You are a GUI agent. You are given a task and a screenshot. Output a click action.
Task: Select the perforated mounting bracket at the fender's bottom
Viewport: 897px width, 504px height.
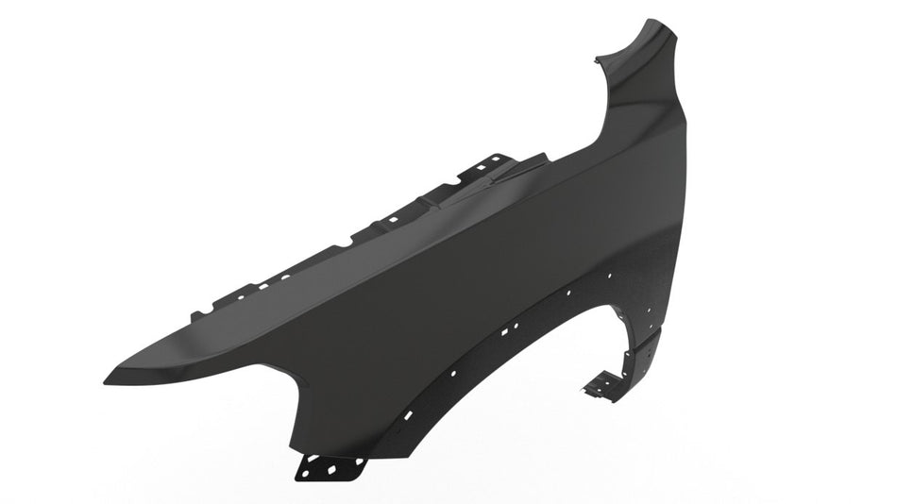coord(326,466)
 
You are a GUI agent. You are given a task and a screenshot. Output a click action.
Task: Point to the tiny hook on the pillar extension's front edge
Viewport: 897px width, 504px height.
coord(596,60)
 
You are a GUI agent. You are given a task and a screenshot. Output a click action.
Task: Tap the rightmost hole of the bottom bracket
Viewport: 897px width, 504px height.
coord(358,462)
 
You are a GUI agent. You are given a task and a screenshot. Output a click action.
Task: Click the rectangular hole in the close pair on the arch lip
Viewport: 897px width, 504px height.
coord(516,327)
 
